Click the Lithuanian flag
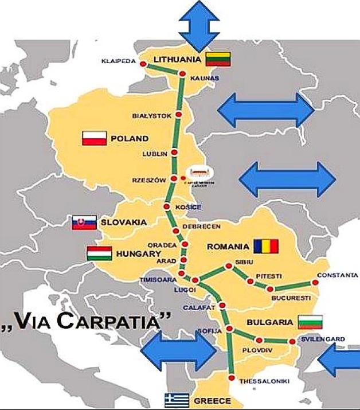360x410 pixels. [x=218, y=58]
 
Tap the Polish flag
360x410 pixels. [x=95, y=138]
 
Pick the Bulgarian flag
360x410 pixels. [x=310, y=322]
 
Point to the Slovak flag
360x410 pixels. [x=84, y=222]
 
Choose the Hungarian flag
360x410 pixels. [x=99, y=253]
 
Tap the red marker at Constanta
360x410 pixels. [x=315, y=282]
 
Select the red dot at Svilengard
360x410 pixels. [x=292, y=342]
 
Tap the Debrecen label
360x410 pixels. [x=197, y=227]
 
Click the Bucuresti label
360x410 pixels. [x=291, y=298]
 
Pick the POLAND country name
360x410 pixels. [x=130, y=138]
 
